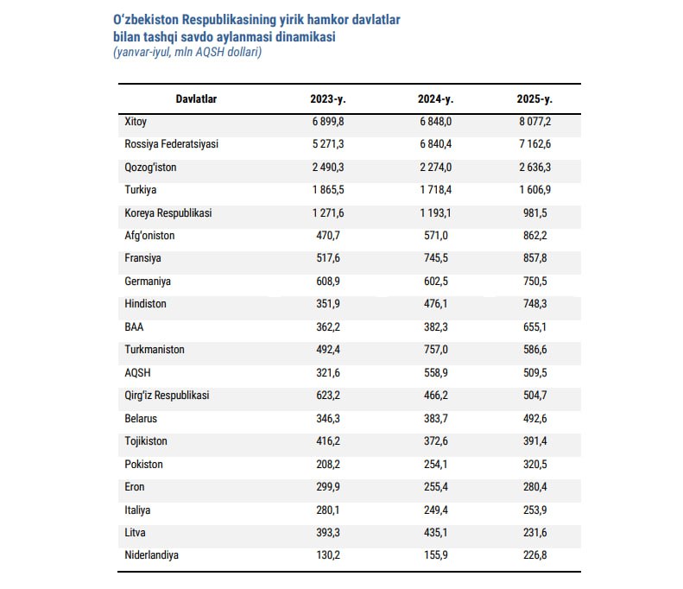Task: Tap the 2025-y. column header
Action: coord(534,99)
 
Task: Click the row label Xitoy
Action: coord(136,122)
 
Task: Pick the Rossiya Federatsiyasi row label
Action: coord(172,144)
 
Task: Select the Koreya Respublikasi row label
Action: coord(168,212)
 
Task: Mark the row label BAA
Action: coord(135,327)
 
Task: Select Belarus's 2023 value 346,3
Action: coord(327,418)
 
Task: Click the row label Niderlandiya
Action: coord(152,555)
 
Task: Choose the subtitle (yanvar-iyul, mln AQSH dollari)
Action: coord(187,53)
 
